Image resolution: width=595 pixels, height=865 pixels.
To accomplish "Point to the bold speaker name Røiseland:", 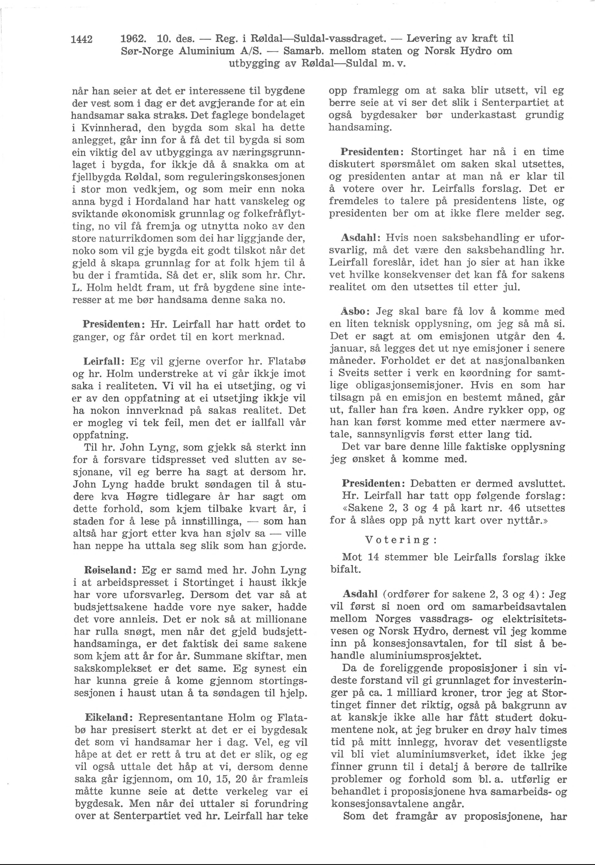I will [106, 570].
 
